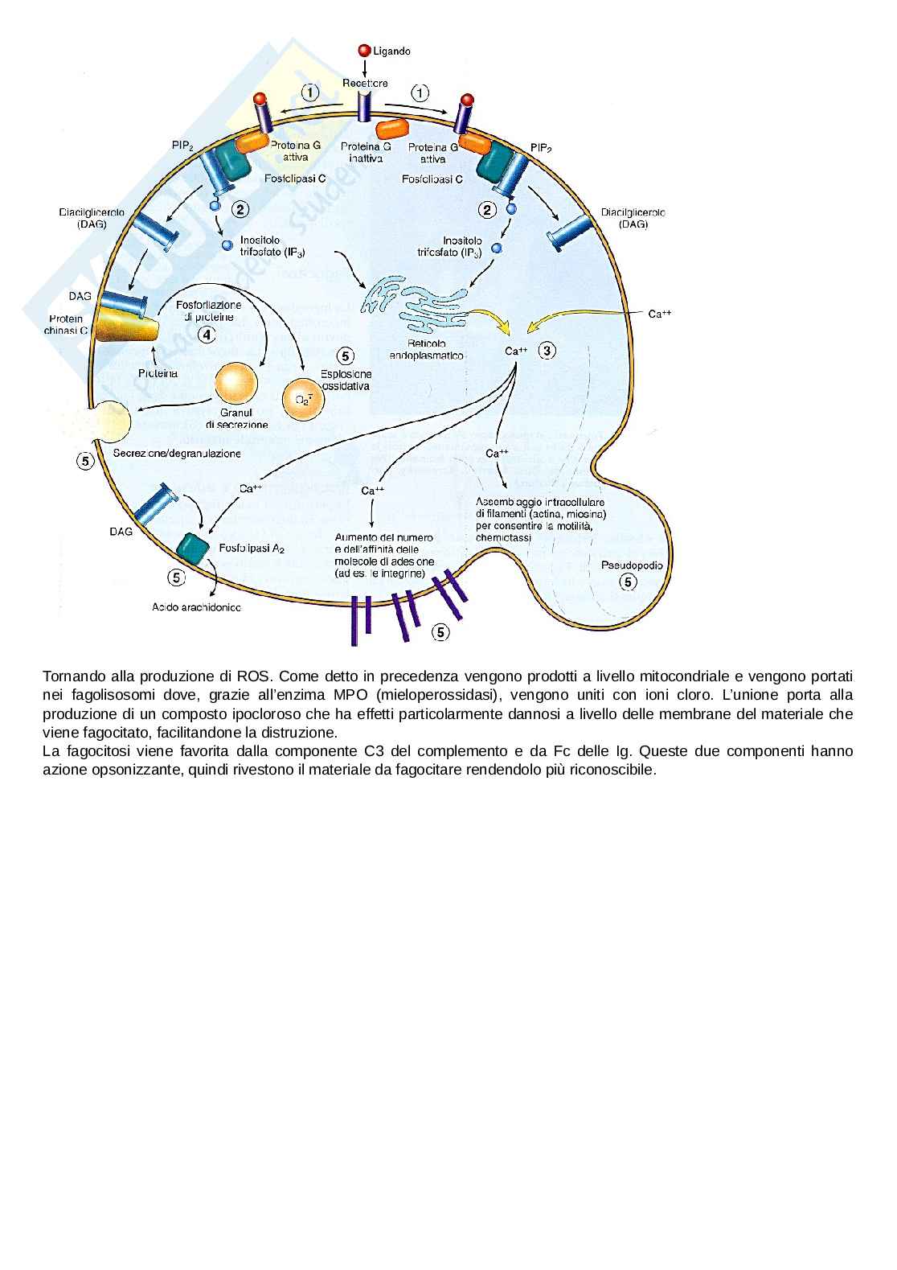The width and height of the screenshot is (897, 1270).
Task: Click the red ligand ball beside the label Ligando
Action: click(364, 51)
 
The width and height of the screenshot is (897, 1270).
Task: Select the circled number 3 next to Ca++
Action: click(547, 350)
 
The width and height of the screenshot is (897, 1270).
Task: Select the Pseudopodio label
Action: click(632, 565)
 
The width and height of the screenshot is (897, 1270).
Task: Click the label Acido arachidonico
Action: click(196, 607)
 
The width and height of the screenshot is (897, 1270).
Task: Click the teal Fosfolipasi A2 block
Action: click(192, 547)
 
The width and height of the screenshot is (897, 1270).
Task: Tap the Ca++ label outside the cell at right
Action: click(660, 314)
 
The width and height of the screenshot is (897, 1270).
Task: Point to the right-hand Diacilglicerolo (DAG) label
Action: click(633, 219)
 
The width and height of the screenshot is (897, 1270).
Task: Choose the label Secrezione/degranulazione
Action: click(177, 454)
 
